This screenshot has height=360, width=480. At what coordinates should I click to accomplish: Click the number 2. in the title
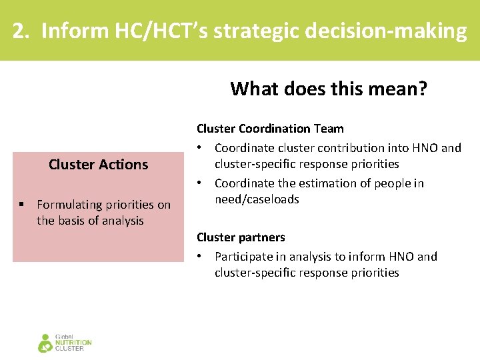21,31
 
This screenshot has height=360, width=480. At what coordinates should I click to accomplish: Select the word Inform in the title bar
67,31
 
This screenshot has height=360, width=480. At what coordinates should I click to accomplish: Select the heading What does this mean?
329,88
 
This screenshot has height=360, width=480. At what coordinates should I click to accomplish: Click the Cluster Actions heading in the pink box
98,165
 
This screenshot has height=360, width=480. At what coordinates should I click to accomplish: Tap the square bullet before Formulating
23,205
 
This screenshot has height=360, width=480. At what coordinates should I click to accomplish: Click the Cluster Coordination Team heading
270,129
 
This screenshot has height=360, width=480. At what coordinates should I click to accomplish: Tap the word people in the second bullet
391,183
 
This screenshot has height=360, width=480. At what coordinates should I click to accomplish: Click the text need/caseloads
257,199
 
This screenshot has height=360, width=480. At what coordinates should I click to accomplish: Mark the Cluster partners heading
241,237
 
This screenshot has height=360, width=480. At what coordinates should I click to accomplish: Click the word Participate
243,257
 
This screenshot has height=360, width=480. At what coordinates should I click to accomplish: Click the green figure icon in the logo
45,343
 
